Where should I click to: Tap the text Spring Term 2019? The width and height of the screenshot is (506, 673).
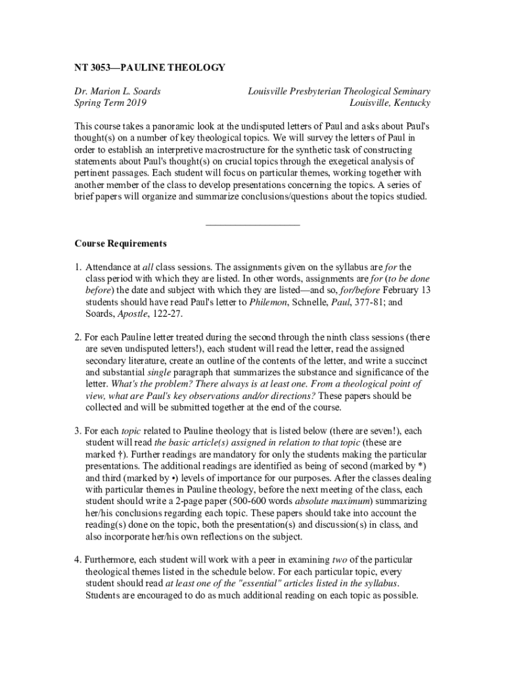coord(110,103)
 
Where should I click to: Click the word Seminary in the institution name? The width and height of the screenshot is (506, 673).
coord(409,91)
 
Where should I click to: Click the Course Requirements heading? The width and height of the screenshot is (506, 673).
coord(120,244)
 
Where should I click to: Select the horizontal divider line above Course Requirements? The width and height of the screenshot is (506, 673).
coord(252,225)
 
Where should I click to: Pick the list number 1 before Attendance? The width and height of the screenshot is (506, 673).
coord(77,267)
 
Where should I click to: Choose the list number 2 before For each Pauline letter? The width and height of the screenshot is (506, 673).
coord(77,337)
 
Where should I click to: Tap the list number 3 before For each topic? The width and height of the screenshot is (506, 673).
coord(77,431)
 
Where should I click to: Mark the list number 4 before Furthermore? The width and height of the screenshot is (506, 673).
coord(77,560)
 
